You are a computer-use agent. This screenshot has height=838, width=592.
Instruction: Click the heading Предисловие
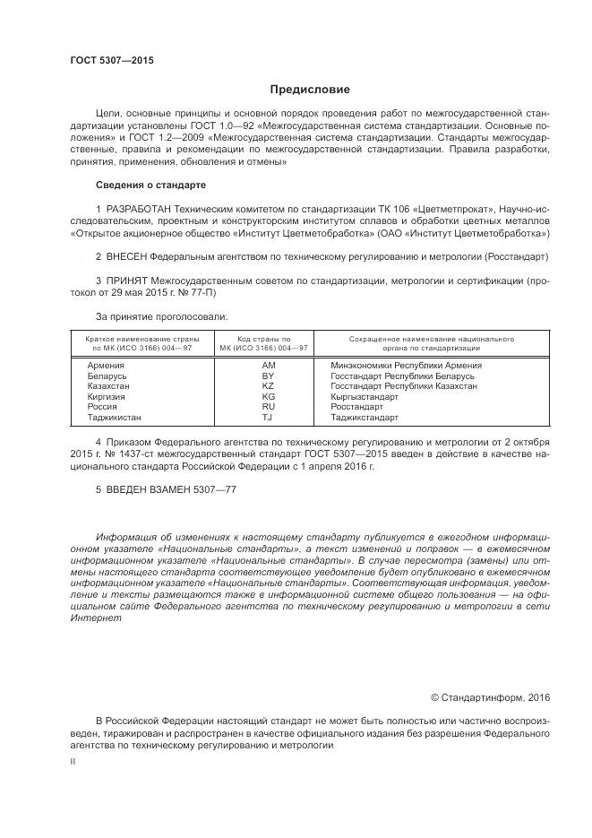310,90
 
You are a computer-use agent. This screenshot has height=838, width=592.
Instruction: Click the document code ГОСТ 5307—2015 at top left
112,60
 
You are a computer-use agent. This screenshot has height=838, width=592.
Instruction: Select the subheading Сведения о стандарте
150,185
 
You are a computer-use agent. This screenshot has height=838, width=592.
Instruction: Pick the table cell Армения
106,366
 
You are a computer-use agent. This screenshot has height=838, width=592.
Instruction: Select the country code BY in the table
268,376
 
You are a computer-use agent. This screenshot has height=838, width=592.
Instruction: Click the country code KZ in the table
268,386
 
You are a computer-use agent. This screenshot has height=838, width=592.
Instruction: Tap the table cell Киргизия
107,396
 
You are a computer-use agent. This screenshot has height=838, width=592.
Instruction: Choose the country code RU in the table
268,406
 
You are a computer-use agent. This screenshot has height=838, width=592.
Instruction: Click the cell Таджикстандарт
365,417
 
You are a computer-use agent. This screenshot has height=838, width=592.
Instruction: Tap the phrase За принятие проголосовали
161,316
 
